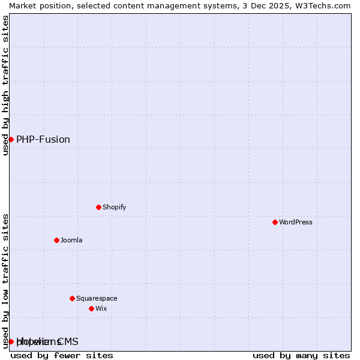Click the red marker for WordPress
coord(275,222)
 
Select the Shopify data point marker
coord(98,207)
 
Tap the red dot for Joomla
coord(56,240)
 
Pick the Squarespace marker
coord(72,298)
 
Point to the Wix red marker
coord(91,308)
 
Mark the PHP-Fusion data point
coord(11,139)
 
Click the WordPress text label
coord(296,222)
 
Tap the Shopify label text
coord(114,207)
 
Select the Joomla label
coord(71,240)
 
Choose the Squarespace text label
coord(97,298)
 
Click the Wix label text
coord(101,308)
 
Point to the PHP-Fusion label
coord(43,139)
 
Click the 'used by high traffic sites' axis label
coord(5,85)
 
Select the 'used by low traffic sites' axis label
coord(5,280)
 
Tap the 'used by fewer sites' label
coord(62,355)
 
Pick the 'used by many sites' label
coord(301,355)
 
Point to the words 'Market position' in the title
coord(34,5)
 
